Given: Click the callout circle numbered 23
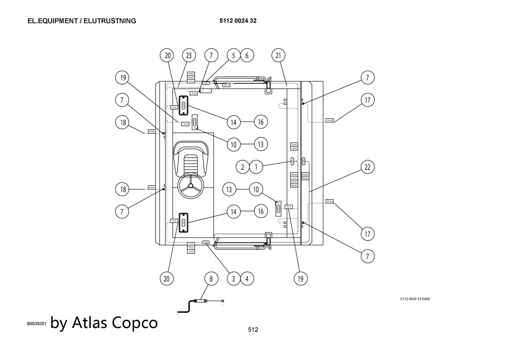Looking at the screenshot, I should click(189, 55).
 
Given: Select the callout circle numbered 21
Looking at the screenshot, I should click(278, 55).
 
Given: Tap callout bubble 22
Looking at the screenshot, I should click(367, 167).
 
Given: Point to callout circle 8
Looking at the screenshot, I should click(211, 279).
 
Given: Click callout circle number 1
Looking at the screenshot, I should click(256, 167).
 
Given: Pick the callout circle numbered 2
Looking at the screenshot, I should click(242, 167).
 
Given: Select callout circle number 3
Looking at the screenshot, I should click(234, 279).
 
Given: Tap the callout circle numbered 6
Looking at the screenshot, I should click(247, 55).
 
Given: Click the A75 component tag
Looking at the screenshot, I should click(206, 83).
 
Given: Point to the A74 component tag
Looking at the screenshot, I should click(206, 242).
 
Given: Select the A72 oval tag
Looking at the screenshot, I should click(293, 161).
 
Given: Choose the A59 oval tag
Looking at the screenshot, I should click(304, 161).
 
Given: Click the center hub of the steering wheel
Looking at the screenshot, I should click(191, 186).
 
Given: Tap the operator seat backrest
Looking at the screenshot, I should click(191, 147).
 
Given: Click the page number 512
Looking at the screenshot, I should click(253, 330).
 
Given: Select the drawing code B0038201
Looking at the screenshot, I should click(37, 324).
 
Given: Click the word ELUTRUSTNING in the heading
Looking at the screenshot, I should click(110, 21).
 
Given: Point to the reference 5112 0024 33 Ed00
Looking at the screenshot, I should click(415, 299).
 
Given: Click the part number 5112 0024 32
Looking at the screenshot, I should click(238, 21).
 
